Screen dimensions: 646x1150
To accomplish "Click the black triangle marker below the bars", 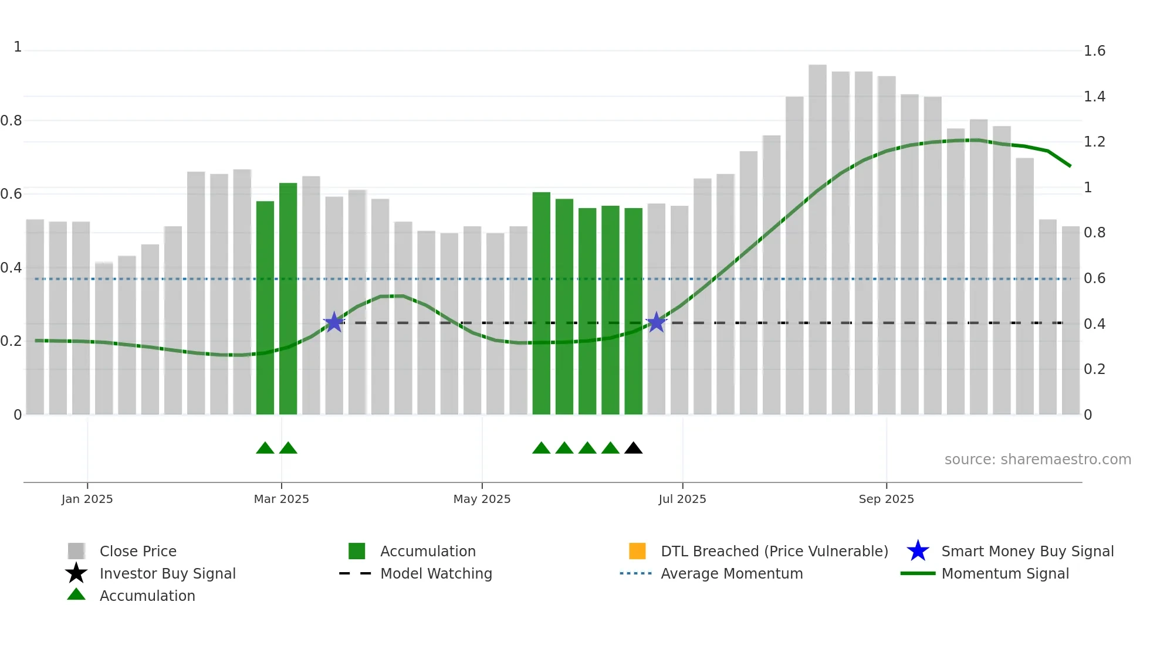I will tap(633, 448).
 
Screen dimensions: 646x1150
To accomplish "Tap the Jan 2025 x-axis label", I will tap(87, 499).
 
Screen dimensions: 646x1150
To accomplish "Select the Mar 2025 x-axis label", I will tap(281, 499).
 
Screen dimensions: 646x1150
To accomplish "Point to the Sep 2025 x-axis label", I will tap(886, 499).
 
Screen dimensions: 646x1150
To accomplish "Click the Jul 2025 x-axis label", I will tap(682, 499).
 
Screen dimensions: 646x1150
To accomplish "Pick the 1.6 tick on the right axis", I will tap(1094, 51).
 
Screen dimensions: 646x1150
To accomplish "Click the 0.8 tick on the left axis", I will tap(11, 121).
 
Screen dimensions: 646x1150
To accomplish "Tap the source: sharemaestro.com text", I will tap(1037, 460).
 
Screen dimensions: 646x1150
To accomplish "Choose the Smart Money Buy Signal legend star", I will tap(918, 551).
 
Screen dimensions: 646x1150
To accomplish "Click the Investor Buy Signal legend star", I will tap(76, 573).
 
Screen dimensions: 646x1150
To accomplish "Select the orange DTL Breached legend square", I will tap(637, 551).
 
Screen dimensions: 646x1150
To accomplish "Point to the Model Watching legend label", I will tap(436, 573).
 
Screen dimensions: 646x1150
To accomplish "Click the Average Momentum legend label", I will tap(732, 573).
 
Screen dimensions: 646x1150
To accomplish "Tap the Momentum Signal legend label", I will tap(1005, 573).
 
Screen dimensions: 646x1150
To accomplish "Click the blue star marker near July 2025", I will tap(656, 322).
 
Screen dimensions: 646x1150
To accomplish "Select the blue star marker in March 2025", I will tap(334, 322).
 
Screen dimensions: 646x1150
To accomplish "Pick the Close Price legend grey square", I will tap(76, 551).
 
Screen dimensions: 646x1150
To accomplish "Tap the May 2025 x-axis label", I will tap(482, 499).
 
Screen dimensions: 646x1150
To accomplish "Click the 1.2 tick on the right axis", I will tap(1094, 142).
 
